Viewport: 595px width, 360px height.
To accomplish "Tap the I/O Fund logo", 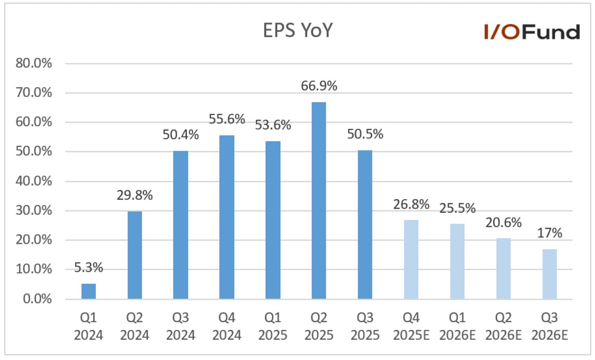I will [531, 32].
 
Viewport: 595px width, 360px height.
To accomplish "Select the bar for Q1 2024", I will [89, 291].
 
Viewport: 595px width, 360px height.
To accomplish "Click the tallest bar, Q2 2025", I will [319, 201].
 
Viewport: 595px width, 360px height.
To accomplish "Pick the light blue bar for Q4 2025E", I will [411, 259].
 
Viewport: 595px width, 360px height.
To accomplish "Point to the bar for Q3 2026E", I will [550, 274].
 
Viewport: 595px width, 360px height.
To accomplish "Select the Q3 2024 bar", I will [181, 225].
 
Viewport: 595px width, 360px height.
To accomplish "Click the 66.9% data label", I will [319, 86].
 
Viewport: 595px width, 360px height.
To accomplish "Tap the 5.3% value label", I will [89, 268].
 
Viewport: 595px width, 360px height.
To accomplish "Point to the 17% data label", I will [550, 233].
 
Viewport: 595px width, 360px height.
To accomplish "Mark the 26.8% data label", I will [411, 204].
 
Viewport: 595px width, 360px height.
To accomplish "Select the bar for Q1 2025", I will [273, 220].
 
